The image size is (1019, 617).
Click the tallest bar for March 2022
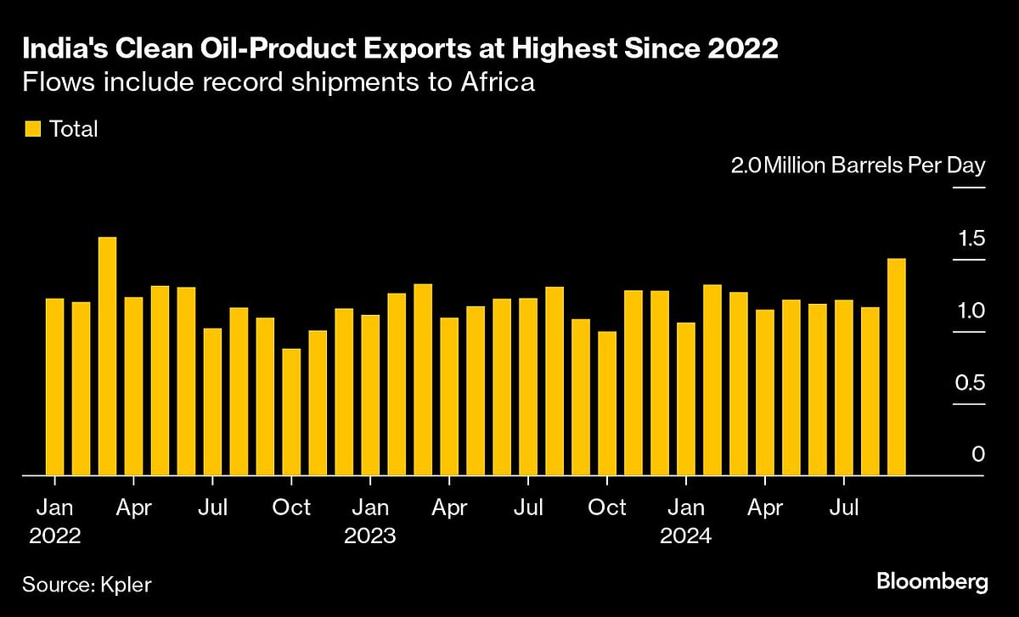point(107,356)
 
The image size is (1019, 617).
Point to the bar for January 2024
point(685,399)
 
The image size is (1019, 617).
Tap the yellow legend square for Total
point(32,129)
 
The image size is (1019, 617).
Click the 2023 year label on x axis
point(369,536)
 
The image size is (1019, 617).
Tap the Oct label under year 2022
point(291,508)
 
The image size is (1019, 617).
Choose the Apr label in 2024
point(764,508)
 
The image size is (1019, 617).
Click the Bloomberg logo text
point(932,582)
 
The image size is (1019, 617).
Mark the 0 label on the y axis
point(977,455)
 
